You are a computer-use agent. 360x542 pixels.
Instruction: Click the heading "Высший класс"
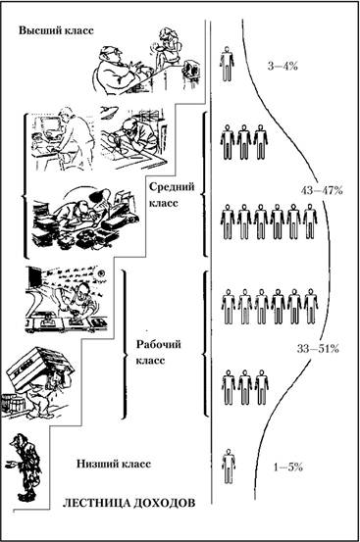(56, 30)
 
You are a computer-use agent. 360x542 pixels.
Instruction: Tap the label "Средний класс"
(172, 195)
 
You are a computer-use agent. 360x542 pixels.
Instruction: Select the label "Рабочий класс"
(158, 353)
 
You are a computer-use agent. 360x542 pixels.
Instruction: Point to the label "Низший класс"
(114, 464)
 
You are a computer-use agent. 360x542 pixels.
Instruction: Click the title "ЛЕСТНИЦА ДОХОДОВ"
(129, 503)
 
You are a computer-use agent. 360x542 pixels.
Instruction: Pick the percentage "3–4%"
(283, 66)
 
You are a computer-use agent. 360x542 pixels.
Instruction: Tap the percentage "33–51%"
(318, 349)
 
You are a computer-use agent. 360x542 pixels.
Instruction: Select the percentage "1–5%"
(288, 468)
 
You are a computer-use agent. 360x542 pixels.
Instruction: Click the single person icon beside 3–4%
(227, 64)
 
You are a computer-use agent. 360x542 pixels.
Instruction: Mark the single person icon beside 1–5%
(229, 467)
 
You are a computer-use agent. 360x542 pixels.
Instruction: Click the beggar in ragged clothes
(26, 467)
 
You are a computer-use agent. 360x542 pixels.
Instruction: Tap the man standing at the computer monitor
(75, 138)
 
